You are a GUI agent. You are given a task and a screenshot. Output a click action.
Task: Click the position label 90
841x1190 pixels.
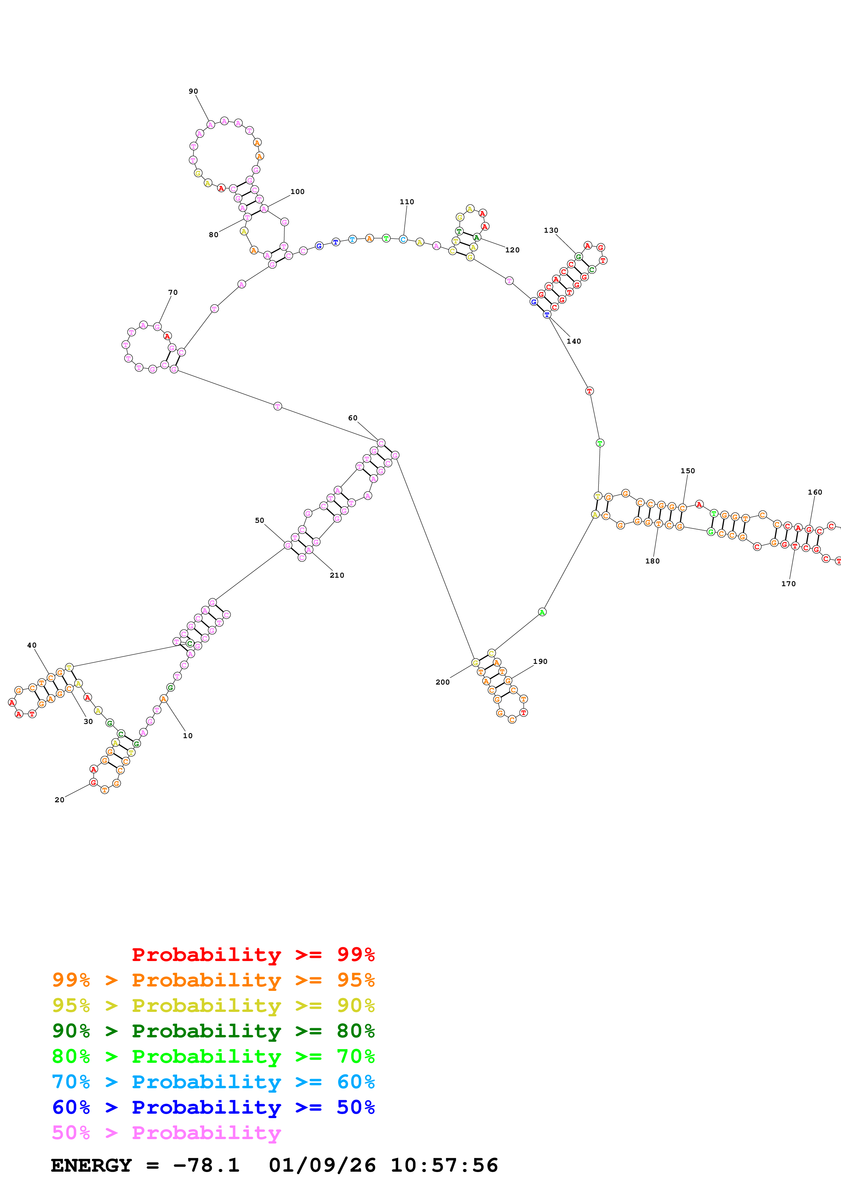point(193,91)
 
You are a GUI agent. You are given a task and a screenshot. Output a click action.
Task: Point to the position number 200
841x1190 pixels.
point(442,682)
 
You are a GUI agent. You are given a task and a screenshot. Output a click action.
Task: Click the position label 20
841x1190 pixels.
point(60,800)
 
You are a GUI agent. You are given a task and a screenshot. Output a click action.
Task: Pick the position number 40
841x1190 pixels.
point(32,645)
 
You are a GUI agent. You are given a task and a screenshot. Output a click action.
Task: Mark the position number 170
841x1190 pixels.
point(788,583)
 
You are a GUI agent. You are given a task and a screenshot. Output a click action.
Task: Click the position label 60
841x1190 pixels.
point(352,418)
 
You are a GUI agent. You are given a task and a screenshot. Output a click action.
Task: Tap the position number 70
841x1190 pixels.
point(173,292)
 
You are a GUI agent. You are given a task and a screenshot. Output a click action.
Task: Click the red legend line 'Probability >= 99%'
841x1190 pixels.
point(253,954)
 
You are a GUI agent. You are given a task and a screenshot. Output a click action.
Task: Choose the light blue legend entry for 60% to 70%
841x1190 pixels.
point(213,1082)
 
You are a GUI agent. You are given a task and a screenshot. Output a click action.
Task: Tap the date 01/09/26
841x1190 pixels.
point(322,1165)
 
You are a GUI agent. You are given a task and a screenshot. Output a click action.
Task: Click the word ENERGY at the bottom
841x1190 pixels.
point(91,1165)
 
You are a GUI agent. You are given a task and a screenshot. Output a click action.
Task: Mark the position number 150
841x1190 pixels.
point(688,471)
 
